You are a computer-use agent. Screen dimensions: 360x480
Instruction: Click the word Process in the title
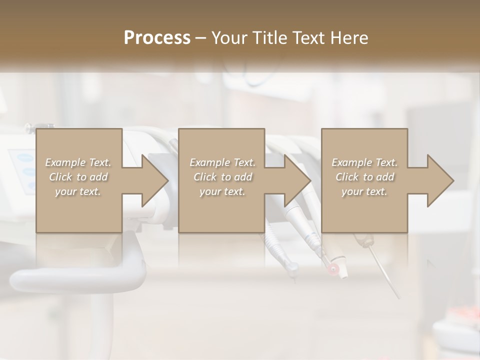157,38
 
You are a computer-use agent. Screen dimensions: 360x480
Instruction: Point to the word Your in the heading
229,38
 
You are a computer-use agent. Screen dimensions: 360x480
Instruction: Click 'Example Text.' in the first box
78,162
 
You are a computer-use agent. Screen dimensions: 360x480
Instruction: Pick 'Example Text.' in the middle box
222,162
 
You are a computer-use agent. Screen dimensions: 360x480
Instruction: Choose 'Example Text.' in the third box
364,162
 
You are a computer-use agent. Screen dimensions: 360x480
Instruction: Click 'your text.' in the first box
78,191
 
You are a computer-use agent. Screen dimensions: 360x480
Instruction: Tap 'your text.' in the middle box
222,191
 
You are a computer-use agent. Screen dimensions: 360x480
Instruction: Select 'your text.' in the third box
364,191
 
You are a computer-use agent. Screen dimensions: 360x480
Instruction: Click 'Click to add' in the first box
78,177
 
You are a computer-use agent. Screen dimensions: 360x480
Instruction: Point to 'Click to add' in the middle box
222,177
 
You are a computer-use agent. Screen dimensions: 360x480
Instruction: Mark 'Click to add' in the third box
364,177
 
